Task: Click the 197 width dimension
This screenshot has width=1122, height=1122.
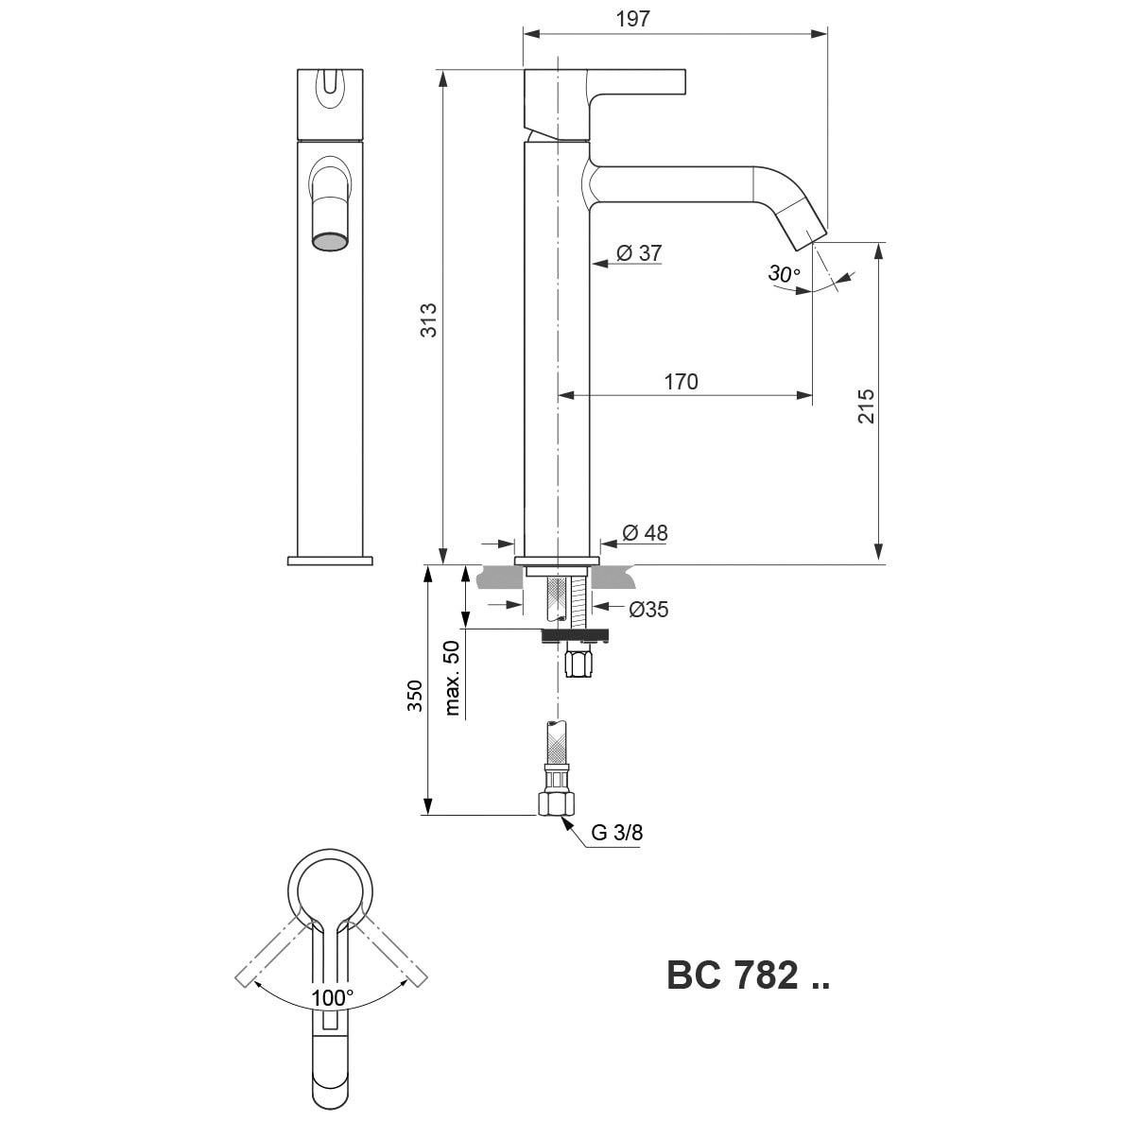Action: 633,18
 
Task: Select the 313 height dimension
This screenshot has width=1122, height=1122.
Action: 428,320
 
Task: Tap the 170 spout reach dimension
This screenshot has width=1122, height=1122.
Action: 681,381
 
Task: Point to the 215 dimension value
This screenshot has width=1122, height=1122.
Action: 866,406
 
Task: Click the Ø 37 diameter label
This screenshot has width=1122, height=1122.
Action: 640,252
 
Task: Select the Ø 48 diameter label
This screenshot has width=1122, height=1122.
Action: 645,532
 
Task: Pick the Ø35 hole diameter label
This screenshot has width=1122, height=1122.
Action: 648,609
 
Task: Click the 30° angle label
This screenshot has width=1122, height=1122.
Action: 784,273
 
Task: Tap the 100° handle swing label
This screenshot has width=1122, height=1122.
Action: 332,998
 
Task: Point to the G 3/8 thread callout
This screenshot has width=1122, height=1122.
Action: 617,832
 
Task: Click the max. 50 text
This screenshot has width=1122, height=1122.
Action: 452,678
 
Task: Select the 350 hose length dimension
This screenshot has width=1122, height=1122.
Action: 415,696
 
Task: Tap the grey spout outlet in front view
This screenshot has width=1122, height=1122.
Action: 330,241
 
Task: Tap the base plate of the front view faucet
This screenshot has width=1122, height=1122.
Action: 330,561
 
